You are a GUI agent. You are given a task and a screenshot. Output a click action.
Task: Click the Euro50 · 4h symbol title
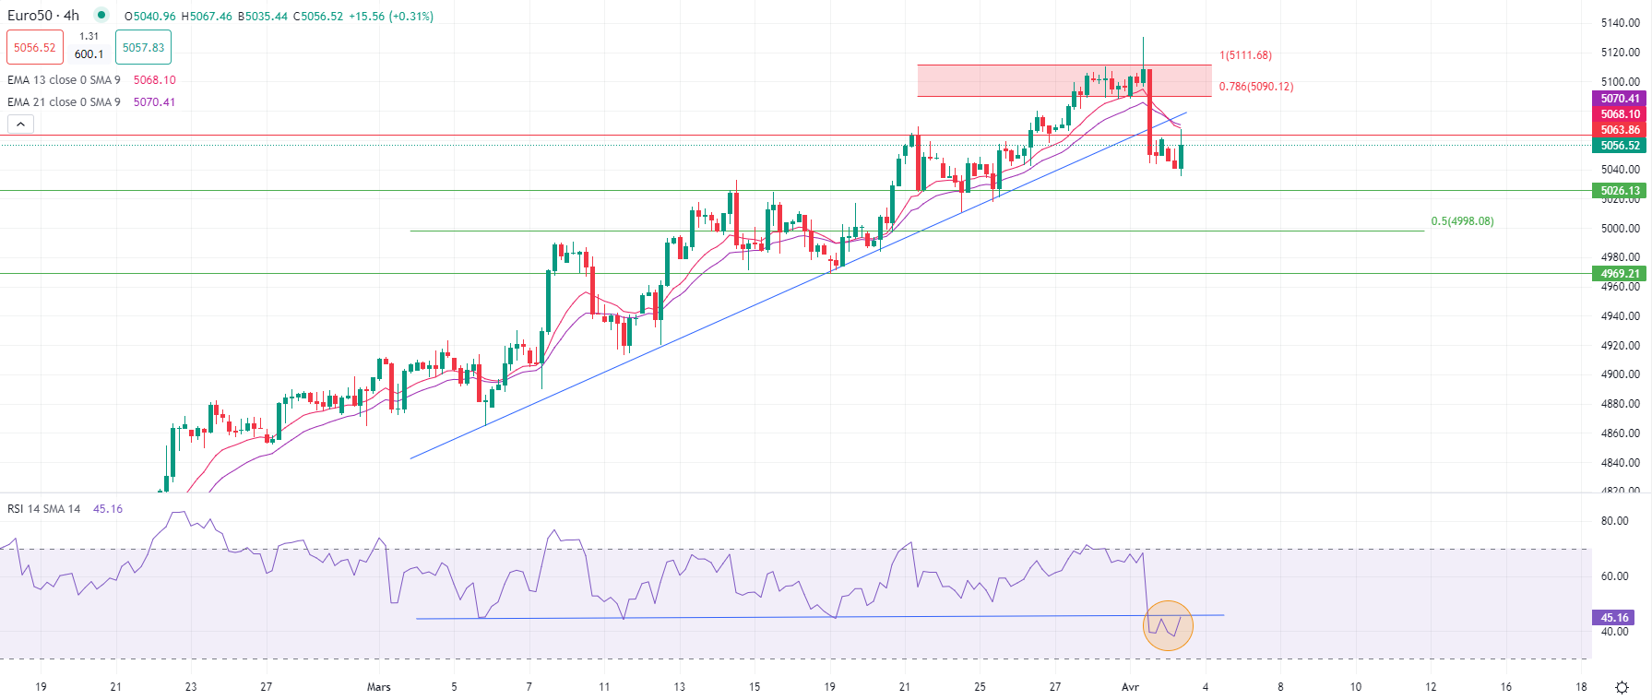tap(43, 16)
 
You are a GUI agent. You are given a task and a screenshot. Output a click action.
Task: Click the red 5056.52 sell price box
tap(35, 48)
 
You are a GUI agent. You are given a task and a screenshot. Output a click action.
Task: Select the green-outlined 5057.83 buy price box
tap(143, 48)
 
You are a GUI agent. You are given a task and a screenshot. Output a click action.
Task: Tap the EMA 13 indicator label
tap(64, 80)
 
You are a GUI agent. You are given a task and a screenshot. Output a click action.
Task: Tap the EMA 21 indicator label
tap(64, 102)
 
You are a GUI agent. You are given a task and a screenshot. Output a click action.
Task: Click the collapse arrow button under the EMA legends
tap(20, 125)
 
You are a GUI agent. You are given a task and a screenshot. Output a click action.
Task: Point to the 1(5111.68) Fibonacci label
tap(1245, 55)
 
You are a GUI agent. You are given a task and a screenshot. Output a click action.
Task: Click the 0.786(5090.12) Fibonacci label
tap(1255, 87)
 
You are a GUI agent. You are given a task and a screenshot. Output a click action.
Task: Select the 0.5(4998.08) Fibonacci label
tap(1462, 221)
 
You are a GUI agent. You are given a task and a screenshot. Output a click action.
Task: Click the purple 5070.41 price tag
tap(1620, 99)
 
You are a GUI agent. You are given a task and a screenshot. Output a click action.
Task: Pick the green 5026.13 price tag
tap(1620, 191)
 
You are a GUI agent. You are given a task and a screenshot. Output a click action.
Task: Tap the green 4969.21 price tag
tap(1620, 274)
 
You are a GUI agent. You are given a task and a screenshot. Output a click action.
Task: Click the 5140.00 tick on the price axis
tap(1620, 23)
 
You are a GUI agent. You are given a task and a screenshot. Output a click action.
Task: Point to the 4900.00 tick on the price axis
tap(1620, 374)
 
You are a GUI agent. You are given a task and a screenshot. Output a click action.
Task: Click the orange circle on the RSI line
tap(1168, 625)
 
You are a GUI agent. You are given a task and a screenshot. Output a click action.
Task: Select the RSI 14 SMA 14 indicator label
tap(44, 509)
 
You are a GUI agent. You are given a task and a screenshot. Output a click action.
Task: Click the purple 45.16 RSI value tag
tap(1614, 618)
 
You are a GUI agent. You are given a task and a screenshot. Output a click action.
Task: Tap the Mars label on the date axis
tap(379, 687)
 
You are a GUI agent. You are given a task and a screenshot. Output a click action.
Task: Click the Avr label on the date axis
tap(1130, 687)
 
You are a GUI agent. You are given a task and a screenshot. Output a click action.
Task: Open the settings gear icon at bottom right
tap(1622, 687)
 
